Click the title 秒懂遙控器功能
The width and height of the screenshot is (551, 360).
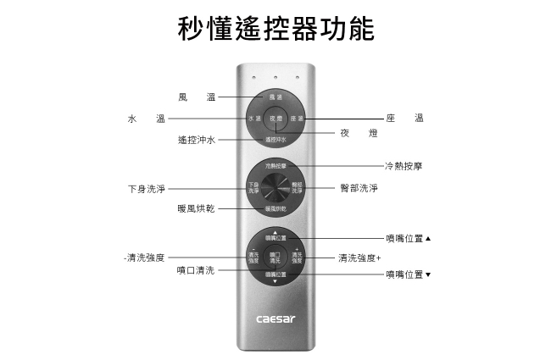pos(275,28)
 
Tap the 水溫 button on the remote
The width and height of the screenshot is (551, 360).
pos(255,119)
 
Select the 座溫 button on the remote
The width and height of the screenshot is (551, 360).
pos(296,119)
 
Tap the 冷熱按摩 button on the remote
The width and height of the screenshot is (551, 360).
pos(275,167)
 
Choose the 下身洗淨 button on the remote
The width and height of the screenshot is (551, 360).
pos(254,187)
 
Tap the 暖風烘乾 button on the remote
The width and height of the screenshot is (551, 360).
pos(275,208)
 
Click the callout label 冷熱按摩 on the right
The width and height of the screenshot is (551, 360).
pos(404,166)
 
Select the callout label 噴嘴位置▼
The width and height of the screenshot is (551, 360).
pos(408,274)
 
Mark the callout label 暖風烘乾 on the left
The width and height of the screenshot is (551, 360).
pos(196,208)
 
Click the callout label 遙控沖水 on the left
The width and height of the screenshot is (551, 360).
pos(196,139)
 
